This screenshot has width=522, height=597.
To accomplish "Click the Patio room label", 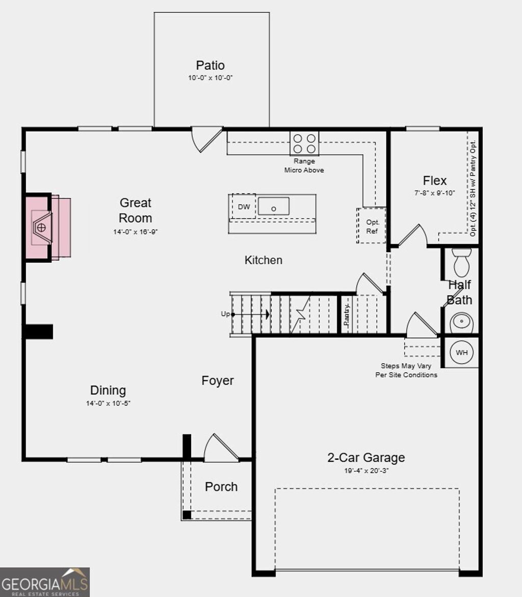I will pyautogui.click(x=210, y=66).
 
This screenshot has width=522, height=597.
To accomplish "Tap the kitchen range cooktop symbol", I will pyautogui.click(x=304, y=143).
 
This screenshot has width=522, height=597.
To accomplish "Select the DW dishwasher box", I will pyautogui.click(x=244, y=206).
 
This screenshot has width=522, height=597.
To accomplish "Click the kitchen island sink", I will pyautogui.click(x=274, y=206).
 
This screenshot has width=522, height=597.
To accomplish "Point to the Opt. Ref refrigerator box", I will pyautogui.click(x=372, y=226).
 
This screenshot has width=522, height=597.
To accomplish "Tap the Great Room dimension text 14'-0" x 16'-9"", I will pyautogui.click(x=136, y=232).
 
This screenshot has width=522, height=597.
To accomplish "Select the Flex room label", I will pyautogui.click(x=434, y=180).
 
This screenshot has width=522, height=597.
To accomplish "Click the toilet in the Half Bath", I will pyautogui.click(x=461, y=262).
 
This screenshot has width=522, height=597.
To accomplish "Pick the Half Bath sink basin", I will pyautogui.click(x=462, y=322).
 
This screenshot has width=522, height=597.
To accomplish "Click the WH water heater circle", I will pyautogui.click(x=461, y=352).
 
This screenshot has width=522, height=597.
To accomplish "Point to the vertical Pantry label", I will pyautogui.click(x=347, y=315).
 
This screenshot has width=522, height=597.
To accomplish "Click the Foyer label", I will pyautogui.click(x=218, y=381).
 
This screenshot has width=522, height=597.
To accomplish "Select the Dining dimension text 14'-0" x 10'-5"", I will pyautogui.click(x=108, y=403).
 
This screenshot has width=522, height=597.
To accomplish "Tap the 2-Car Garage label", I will pyautogui.click(x=366, y=457).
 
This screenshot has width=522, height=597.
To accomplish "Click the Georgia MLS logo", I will pyautogui.click(x=45, y=582).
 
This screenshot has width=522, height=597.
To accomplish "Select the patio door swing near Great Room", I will pyautogui.click(x=206, y=139).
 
